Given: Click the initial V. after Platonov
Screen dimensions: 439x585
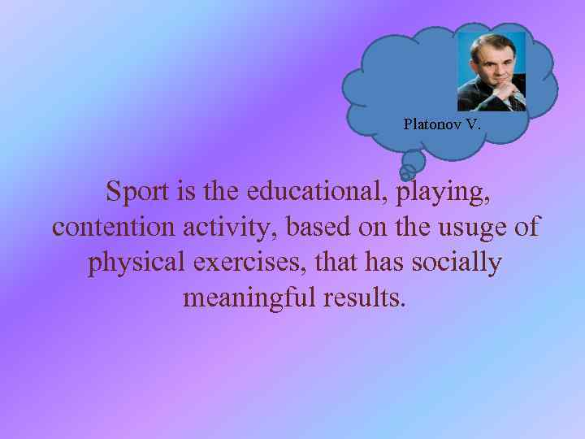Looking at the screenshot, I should pyautogui.click(x=473, y=124).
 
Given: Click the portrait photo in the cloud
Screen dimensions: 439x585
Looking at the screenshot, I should pyautogui.click(x=491, y=72).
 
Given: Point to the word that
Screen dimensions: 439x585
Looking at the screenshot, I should pyautogui.click(x=334, y=263).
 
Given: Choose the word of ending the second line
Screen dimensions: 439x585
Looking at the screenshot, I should pyautogui.click(x=526, y=227).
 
